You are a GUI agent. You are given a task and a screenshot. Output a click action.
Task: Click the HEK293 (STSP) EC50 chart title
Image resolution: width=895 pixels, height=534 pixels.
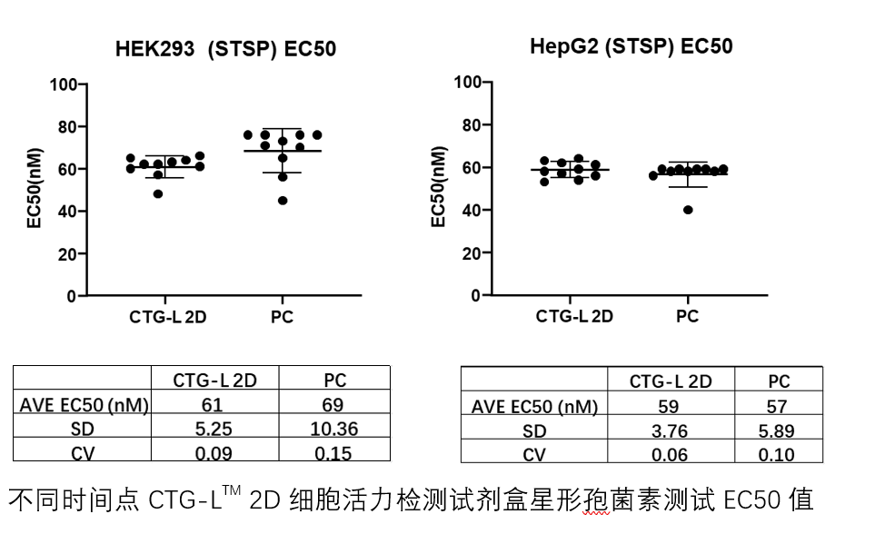tap(225, 49)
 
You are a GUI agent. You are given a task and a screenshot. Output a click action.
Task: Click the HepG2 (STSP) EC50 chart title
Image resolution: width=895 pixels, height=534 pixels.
tap(631, 46)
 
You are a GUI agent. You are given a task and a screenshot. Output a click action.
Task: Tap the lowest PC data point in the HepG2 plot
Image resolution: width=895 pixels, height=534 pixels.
tap(688, 210)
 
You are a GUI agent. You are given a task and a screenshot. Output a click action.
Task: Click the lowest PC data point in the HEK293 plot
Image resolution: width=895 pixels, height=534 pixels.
tap(283, 201)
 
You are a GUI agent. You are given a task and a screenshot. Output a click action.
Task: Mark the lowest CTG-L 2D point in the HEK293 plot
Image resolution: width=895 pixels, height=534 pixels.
tap(159, 194)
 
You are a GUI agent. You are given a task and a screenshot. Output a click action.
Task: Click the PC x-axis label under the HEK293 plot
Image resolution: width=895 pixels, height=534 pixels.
tap(282, 317)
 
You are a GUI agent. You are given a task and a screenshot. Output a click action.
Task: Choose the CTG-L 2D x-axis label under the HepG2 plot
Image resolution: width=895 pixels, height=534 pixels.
tap(573, 316)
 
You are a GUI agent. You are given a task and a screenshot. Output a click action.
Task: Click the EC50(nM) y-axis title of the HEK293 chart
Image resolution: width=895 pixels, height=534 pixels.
tap(35, 191)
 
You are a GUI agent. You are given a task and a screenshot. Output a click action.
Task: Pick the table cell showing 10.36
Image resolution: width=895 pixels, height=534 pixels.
tap(334, 428)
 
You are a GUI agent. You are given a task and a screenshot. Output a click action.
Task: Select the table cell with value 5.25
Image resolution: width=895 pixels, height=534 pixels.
tap(214, 428)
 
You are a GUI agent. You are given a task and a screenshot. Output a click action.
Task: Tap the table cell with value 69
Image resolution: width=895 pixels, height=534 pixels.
tap(334, 405)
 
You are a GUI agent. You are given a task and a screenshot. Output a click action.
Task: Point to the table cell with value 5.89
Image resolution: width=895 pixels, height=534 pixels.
tap(778, 431)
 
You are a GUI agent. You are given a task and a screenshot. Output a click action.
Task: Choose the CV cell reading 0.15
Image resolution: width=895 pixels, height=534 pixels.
tap(334, 451)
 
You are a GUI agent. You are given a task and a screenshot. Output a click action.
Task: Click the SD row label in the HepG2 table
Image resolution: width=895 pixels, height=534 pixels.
tap(534, 431)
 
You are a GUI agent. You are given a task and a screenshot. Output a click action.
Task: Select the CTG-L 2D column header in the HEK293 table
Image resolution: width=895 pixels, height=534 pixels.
tap(214, 381)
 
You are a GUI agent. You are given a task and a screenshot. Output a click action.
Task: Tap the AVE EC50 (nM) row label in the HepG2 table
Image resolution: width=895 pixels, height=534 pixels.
tap(534, 407)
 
